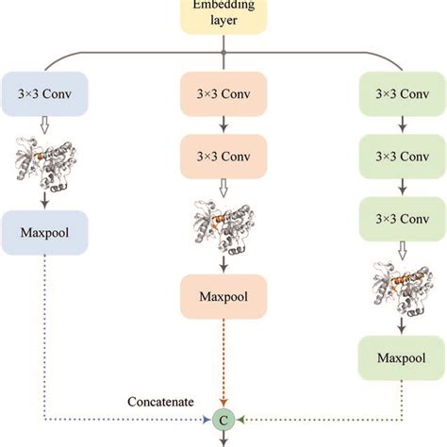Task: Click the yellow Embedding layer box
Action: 223,14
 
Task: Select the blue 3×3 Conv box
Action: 45,95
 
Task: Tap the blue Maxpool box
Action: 45,230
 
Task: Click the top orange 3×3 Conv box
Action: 223,95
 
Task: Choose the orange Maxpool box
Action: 223,298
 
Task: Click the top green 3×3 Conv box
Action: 401,95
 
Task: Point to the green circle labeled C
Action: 223,417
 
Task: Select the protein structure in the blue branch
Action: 45,162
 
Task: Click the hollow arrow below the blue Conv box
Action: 45,125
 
